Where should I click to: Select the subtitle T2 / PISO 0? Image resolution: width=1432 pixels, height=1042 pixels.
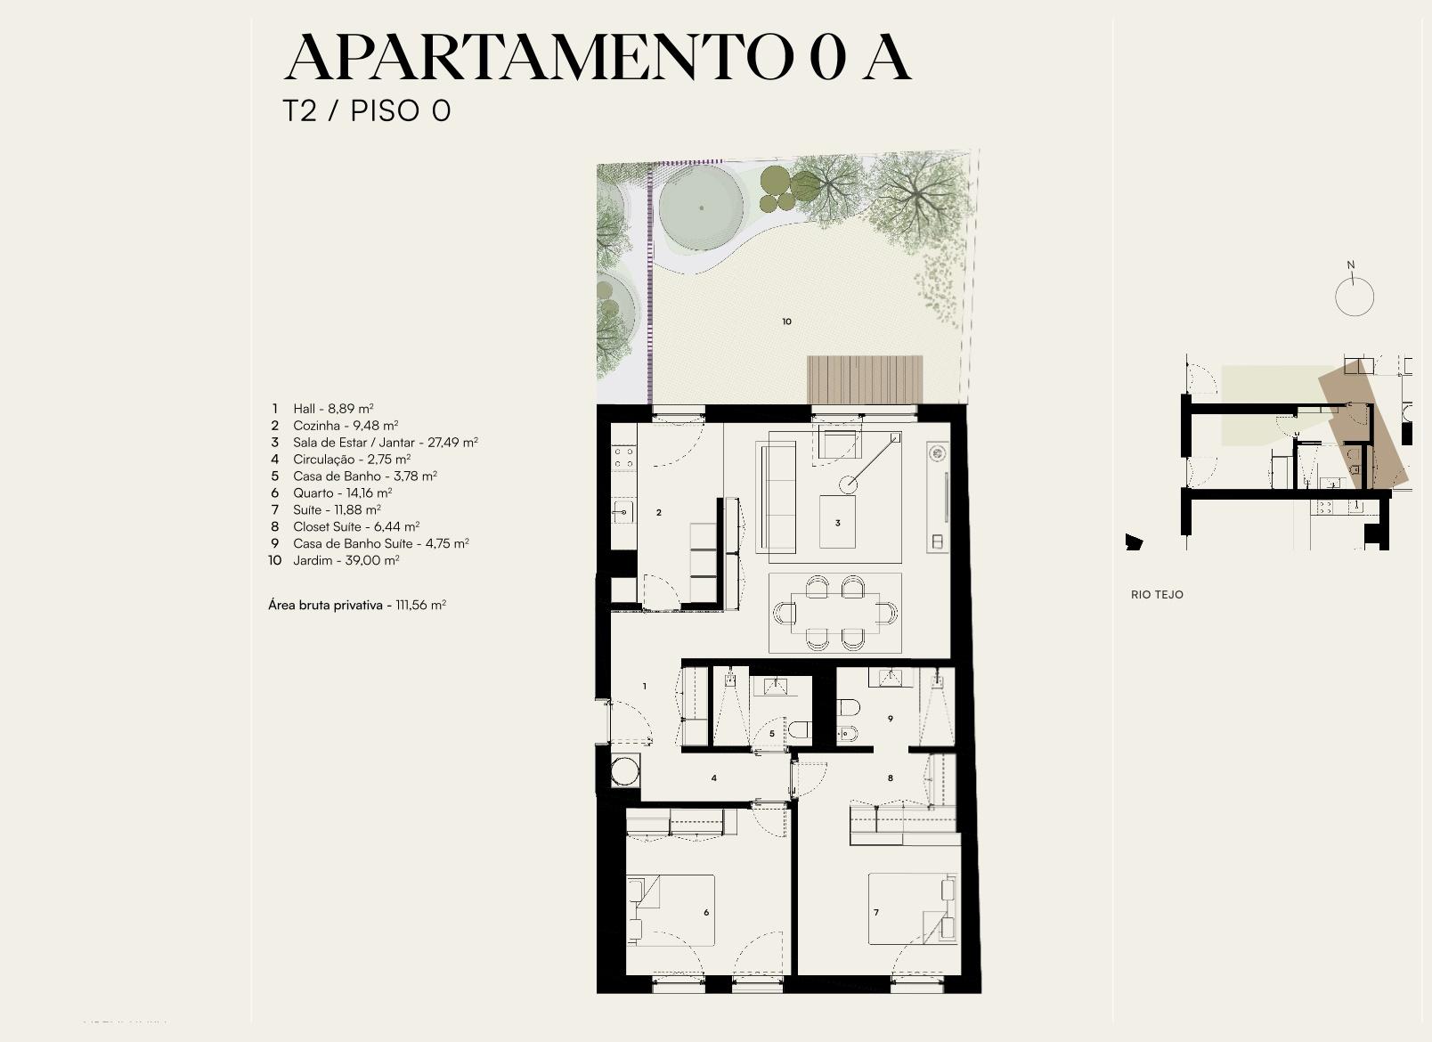tap(367, 110)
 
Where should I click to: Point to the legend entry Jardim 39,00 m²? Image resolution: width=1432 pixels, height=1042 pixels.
tap(334, 561)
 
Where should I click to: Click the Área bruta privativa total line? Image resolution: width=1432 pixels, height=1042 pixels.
tap(357, 605)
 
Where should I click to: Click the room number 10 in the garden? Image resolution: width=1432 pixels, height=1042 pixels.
tap(787, 322)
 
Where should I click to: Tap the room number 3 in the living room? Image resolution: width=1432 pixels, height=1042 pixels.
tap(837, 523)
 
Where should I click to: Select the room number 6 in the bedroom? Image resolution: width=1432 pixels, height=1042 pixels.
tap(706, 912)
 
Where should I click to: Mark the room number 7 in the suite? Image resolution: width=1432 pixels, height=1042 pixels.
tap(875, 912)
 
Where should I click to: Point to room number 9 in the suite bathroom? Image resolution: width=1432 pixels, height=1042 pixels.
tap(891, 719)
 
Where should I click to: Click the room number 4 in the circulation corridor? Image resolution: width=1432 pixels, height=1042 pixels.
tap(714, 778)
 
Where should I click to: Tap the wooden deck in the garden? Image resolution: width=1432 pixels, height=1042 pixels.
tap(865, 379)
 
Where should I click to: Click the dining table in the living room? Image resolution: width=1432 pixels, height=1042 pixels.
tap(835, 613)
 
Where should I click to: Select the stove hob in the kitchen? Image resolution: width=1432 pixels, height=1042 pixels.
tap(624, 458)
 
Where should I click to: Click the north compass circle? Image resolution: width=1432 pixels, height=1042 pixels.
tap(1355, 297)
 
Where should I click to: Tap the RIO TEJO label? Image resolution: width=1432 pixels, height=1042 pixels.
tap(1157, 595)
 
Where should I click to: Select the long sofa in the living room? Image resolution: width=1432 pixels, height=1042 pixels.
tap(776, 497)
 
